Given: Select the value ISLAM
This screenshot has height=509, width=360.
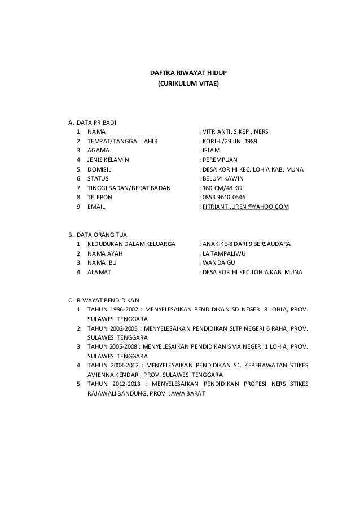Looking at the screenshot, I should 212,151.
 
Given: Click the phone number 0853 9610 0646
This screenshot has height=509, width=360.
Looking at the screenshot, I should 226,198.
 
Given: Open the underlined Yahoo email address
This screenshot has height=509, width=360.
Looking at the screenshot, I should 245,208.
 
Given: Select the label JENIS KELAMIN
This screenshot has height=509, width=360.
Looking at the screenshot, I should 108,160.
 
